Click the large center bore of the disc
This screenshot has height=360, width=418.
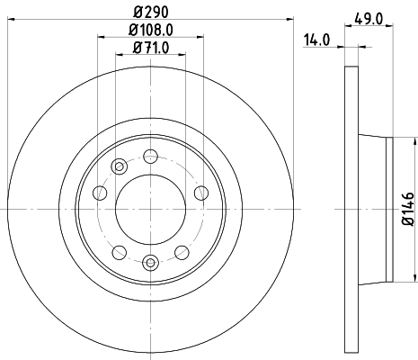coord(149,209)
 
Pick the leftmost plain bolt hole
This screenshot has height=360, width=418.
coord(100,192)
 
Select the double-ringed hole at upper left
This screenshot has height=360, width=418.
coord(118,166)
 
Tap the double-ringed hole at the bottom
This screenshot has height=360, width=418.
coord(149,262)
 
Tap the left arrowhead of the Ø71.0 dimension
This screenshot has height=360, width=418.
coord(118,54)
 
